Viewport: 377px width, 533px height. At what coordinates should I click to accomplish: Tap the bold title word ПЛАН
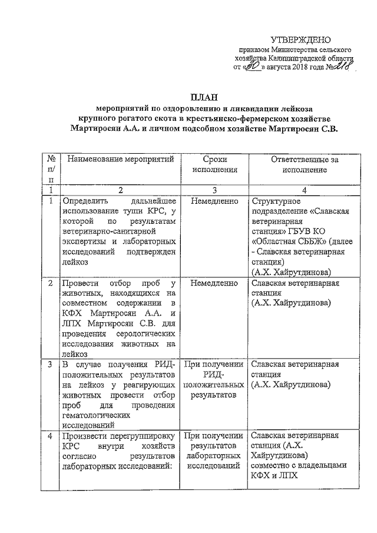(203, 98)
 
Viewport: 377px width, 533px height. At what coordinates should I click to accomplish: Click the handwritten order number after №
(341, 69)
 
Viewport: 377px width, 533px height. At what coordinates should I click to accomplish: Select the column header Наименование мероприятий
(120, 159)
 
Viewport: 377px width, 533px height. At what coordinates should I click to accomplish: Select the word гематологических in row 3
(98, 414)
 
